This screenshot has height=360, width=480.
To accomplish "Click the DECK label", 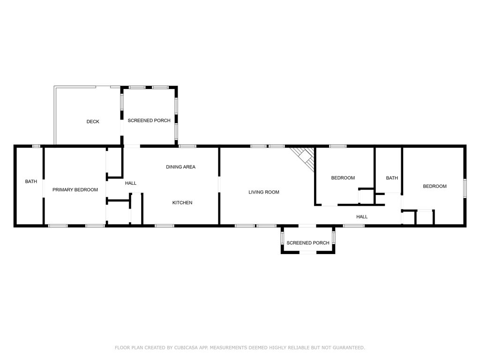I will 93,122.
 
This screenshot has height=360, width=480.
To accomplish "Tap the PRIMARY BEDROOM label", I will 75,190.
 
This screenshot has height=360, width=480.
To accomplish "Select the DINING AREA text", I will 180,167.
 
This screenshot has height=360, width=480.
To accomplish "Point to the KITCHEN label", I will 182,202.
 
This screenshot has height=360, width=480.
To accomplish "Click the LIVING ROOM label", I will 264,192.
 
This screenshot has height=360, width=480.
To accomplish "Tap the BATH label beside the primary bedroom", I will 31,181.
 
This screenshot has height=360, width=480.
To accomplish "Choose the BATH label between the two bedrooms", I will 392,178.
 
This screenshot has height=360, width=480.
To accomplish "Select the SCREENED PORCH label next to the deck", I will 149,120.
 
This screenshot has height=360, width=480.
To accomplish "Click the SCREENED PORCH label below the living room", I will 308,243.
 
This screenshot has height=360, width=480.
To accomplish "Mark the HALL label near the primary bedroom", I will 131,183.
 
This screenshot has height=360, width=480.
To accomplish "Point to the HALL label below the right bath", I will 362,217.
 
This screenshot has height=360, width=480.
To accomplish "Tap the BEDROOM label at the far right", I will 435,187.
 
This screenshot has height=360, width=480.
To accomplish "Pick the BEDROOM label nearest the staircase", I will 343,178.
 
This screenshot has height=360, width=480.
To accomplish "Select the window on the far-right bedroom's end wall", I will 465,187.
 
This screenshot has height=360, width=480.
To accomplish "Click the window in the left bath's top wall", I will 36,146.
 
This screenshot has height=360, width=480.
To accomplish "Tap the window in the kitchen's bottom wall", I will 165,226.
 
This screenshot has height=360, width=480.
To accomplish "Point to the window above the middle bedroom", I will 337,146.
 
